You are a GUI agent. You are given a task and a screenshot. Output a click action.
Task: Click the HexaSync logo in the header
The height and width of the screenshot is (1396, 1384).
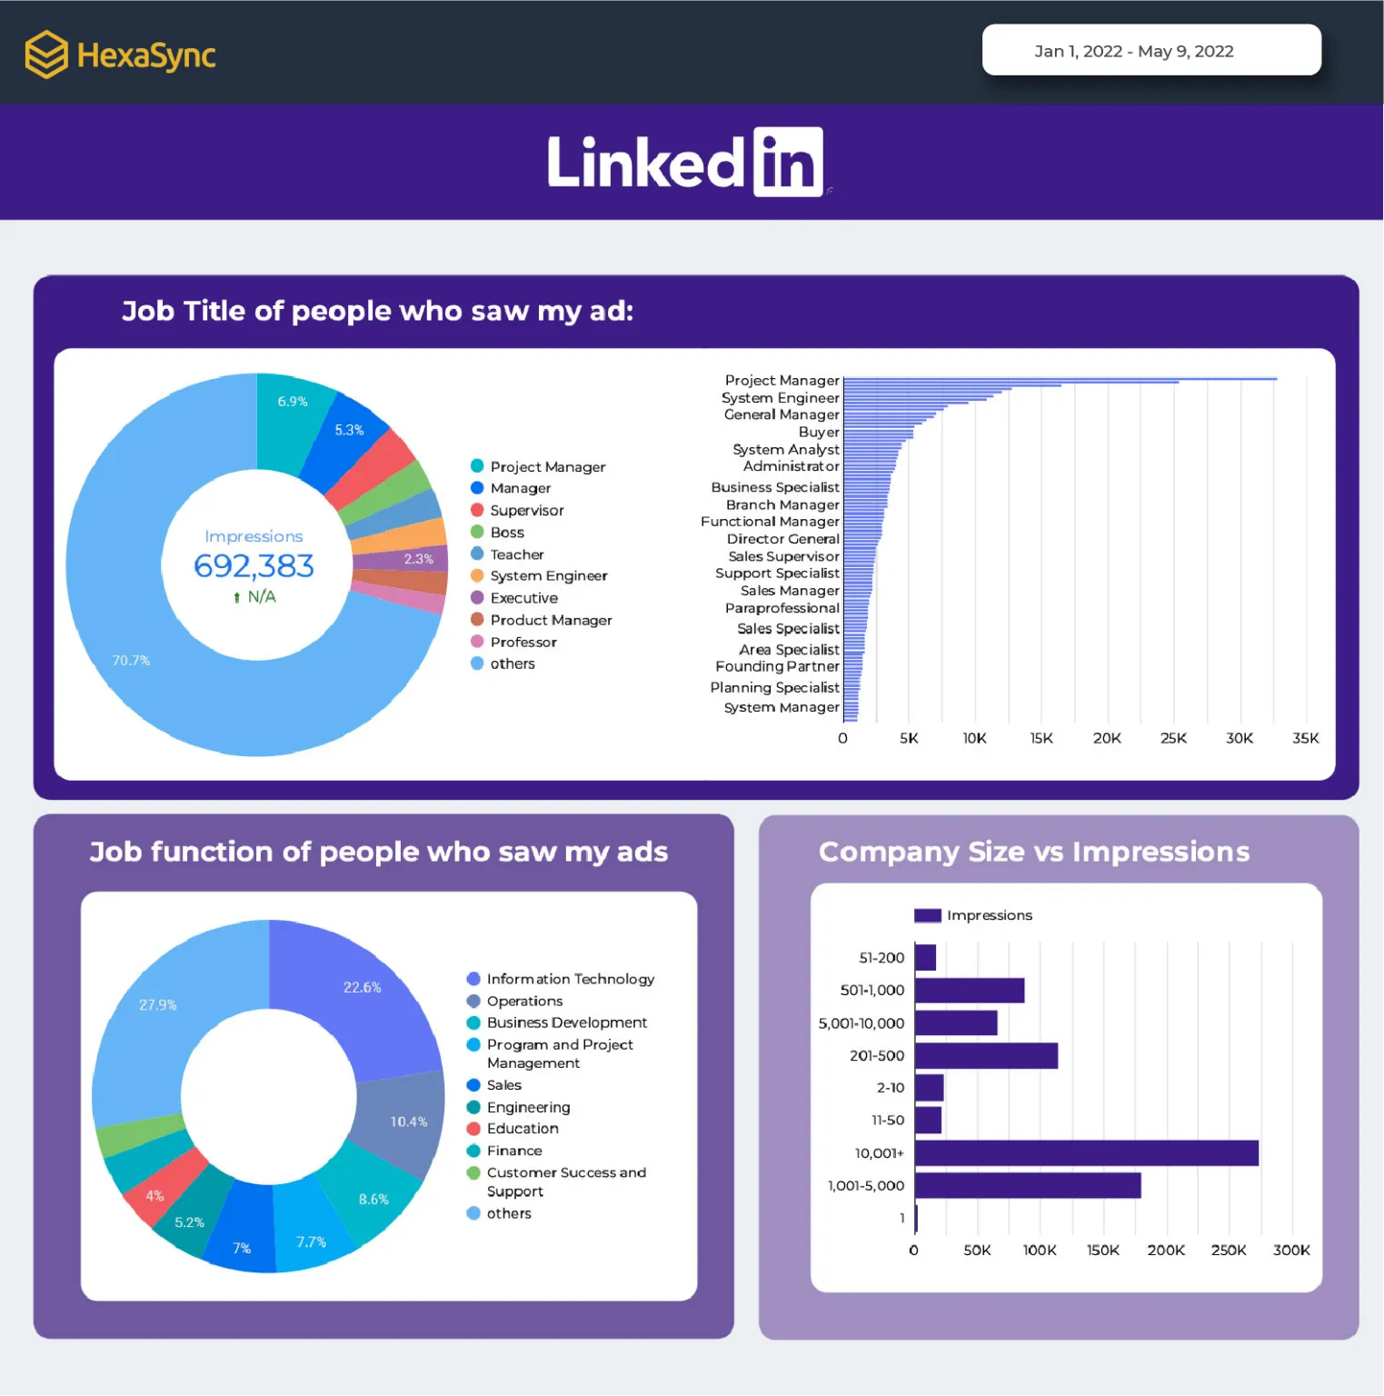(x=119, y=55)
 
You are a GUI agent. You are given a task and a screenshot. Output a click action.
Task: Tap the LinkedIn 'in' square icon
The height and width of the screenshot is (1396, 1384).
(x=788, y=162)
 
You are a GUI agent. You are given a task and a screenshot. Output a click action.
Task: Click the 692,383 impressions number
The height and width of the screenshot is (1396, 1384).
(x=254, y=566)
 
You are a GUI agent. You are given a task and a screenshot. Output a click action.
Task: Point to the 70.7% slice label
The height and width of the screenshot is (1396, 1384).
(x=131, y=661)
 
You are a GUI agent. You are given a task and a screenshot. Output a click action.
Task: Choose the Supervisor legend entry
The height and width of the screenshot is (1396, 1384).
(x=526, y=511)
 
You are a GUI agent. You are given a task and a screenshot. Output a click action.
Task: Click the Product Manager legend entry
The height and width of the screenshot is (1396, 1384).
(x=550, y=620)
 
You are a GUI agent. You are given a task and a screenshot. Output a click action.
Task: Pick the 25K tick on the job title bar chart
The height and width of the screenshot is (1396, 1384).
(x=1173, y=738)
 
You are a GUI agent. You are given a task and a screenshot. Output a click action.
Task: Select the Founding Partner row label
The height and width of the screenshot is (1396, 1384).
(x=777, y=666)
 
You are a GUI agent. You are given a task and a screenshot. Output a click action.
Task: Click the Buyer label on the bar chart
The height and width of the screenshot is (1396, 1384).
(x=818, y=432)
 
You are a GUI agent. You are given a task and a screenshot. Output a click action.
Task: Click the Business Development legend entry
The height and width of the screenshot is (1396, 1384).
(x=566, y=1022)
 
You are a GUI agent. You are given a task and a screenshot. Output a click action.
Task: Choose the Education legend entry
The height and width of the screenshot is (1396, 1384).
(x=522, y=1129)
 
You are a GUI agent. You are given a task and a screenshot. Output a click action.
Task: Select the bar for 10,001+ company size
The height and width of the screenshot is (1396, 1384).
(x=1086, y=1153)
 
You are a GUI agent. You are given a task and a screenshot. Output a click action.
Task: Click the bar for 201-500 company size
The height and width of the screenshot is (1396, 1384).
(x=986, y=1056)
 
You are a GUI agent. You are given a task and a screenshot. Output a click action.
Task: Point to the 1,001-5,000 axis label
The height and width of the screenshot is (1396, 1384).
(x=865, y=1186)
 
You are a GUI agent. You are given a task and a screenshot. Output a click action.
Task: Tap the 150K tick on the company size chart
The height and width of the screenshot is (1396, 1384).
(x=1102, y=1251)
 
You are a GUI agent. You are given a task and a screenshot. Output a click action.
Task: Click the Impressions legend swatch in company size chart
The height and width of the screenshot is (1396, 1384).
(x=927, y=915)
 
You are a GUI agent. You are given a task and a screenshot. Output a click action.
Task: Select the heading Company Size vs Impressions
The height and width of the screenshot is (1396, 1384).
(x=1033, y=852)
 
